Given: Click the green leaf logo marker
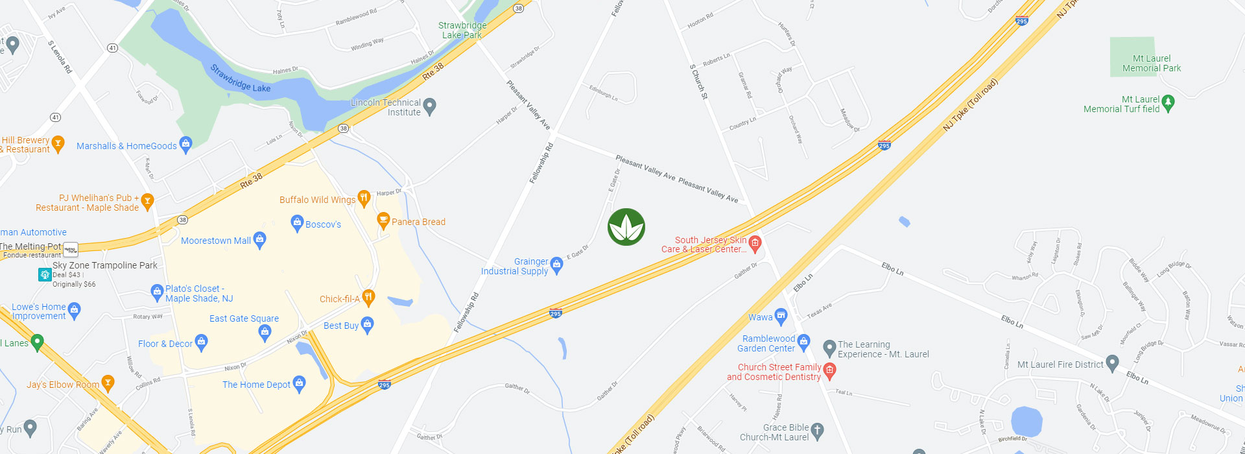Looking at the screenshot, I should [626, 227].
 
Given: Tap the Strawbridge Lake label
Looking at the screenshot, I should [241, 78].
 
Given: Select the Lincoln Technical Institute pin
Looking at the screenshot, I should [429, 106].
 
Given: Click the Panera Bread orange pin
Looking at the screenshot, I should [383, 220].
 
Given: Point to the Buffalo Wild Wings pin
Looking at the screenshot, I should [364, 198].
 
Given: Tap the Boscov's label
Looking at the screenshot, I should [323, 224].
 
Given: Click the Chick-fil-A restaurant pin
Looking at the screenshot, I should [368, 297].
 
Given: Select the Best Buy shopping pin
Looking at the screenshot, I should [367, 324].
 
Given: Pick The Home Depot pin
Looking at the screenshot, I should [299, 383].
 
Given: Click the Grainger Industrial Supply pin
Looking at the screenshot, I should [556, 265].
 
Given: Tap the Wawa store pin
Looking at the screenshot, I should [781, 317].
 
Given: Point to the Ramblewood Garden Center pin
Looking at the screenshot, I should [803, 342].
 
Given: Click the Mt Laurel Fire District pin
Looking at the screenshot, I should [1112, 363].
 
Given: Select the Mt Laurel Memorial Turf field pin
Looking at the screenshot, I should [1168, 102].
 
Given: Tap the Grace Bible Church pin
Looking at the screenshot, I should [817, 430].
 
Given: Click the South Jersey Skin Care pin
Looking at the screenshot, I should [755, 243].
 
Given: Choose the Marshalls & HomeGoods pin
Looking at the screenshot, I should [185, 144].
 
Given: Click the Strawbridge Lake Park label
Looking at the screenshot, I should [462, 30].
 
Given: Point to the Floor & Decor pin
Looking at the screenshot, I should [201, 342].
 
